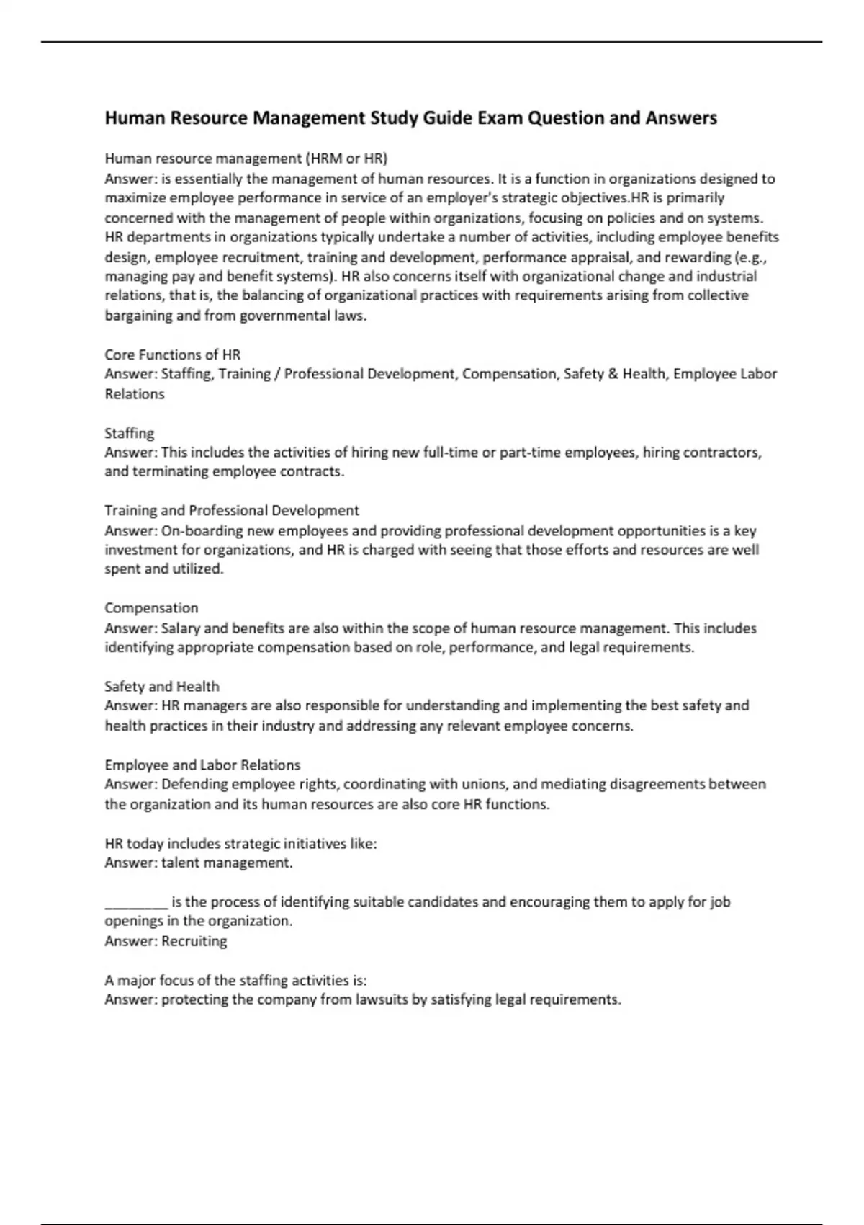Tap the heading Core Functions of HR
[172, 355]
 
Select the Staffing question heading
[130, 433]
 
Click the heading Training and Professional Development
[231, 511]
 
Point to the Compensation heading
[151, 608]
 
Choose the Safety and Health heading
[162, 687]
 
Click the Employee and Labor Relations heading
[202, 765]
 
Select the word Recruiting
[194, 941]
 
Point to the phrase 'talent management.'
[227, 863]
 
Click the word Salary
[180, 628]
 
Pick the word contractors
[721, 453]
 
